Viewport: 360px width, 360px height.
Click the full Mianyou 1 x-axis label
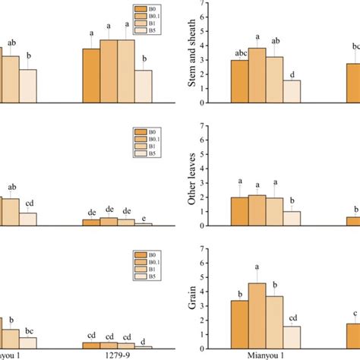click(267, 354)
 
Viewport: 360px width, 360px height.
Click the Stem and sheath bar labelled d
click(293, 91)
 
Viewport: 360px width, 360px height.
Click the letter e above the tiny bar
click(144, 216)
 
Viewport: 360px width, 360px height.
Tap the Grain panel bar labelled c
click(352, 335)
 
